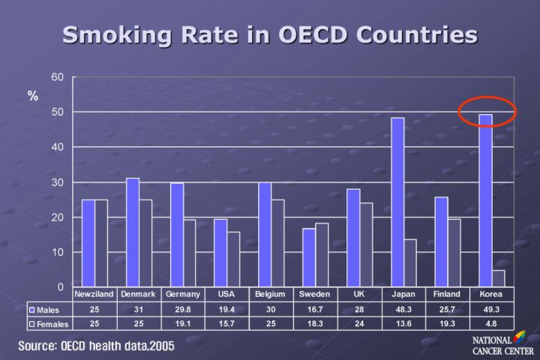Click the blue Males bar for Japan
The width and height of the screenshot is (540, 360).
tap(397, 202)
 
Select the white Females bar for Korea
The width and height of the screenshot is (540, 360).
tap(498, 278)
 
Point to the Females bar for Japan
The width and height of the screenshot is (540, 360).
tap(409, 263)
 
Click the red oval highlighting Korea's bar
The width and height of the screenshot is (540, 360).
tap(487, 110)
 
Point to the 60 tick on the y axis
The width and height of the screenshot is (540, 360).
tap(58, 76)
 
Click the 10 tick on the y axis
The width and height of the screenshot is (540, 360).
tap(58, 253)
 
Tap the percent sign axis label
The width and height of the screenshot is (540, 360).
tap(33, 96)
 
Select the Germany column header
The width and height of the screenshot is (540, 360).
tap(183, 294)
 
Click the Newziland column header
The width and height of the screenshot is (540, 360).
tap(94, 294)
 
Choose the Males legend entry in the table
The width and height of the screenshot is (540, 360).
tap(49, 309)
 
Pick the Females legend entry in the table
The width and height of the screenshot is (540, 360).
tap(49, 324)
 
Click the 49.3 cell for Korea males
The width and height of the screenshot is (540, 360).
tap(491, 309)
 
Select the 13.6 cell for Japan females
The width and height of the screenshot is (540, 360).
tap(403, 324)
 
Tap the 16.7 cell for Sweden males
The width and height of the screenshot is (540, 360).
tap(315, 309)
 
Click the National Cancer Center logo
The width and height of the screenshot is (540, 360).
tap(501, 345)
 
